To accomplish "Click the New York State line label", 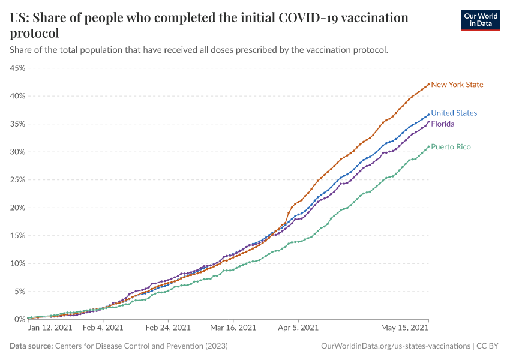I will [457, 85].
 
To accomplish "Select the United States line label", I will [454, 113].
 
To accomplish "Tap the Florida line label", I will [442, 124].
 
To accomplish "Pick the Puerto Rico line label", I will [451, 147].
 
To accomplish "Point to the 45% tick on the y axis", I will [17, 68].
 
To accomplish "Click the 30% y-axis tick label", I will [17, 152].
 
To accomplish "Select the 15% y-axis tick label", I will [17, 236].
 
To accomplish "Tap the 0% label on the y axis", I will [19, 319].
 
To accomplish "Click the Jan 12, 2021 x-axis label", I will [50, 328].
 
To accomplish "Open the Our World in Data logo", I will [481, 20].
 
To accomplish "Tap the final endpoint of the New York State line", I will [428, 85].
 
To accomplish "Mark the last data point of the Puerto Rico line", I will [428, 146].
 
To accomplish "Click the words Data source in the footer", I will [31, 346].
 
